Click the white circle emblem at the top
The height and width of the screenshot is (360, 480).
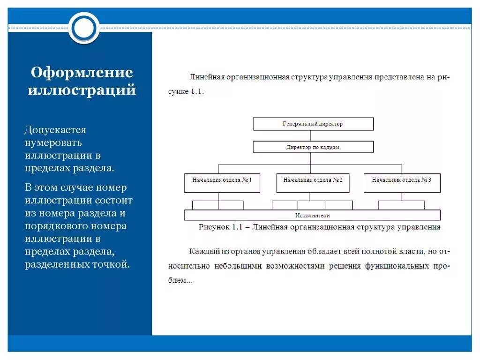click(84, 28)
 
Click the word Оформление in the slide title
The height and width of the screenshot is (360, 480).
click(82, 73)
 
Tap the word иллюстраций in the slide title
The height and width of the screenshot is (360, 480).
click(82, 90)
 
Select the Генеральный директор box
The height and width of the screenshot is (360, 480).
click(313, 124)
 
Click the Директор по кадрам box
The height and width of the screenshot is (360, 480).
click(313, 147)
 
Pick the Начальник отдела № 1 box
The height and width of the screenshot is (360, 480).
click(222, 183)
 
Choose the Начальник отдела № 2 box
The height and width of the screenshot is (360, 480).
click(313, 183)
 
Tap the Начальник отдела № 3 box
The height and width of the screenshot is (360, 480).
click(402, 183)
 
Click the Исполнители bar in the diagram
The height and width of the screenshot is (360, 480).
click(312, 216)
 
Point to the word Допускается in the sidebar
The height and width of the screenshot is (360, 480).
click(55, 129)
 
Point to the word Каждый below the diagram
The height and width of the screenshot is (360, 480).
click(204, 252)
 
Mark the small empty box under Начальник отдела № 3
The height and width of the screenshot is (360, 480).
click(401, 205)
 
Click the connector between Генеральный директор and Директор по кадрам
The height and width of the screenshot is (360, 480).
click(310, 136)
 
